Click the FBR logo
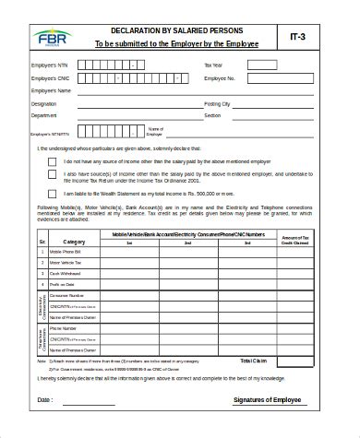point(45,40)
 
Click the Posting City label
point(218,104)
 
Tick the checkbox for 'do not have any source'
point(52,161)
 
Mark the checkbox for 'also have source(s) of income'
point(52,177)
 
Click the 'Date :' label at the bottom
point(44,401)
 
